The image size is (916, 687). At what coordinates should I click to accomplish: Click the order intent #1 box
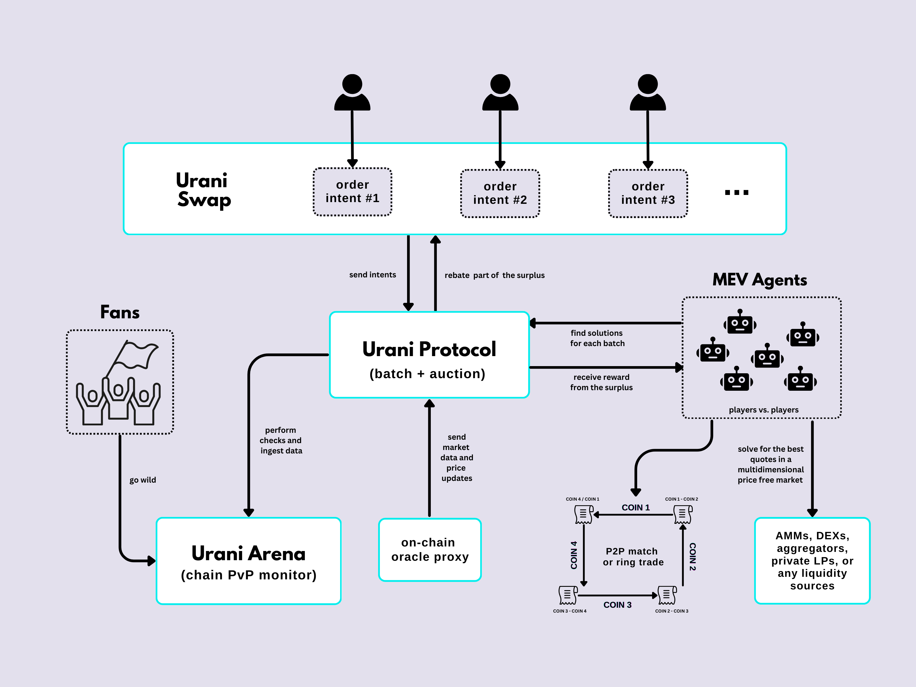click(352, 192)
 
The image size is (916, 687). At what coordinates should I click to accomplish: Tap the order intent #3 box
click(648, 194)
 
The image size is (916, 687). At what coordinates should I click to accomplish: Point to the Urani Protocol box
click(429, 355)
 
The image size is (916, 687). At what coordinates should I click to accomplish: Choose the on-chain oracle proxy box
click(430, 550)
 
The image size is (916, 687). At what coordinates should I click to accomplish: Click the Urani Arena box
click(248, 561)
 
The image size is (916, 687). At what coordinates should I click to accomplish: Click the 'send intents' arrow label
click(372, 275)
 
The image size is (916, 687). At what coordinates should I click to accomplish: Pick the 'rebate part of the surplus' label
click(494, 275)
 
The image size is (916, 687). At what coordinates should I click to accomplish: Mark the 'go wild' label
click(143, 480)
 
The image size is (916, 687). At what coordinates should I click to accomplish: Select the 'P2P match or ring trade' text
click(633, 556)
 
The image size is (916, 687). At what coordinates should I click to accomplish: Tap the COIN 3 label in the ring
click(617, 605)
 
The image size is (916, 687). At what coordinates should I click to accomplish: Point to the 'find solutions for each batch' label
click(597, 338)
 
